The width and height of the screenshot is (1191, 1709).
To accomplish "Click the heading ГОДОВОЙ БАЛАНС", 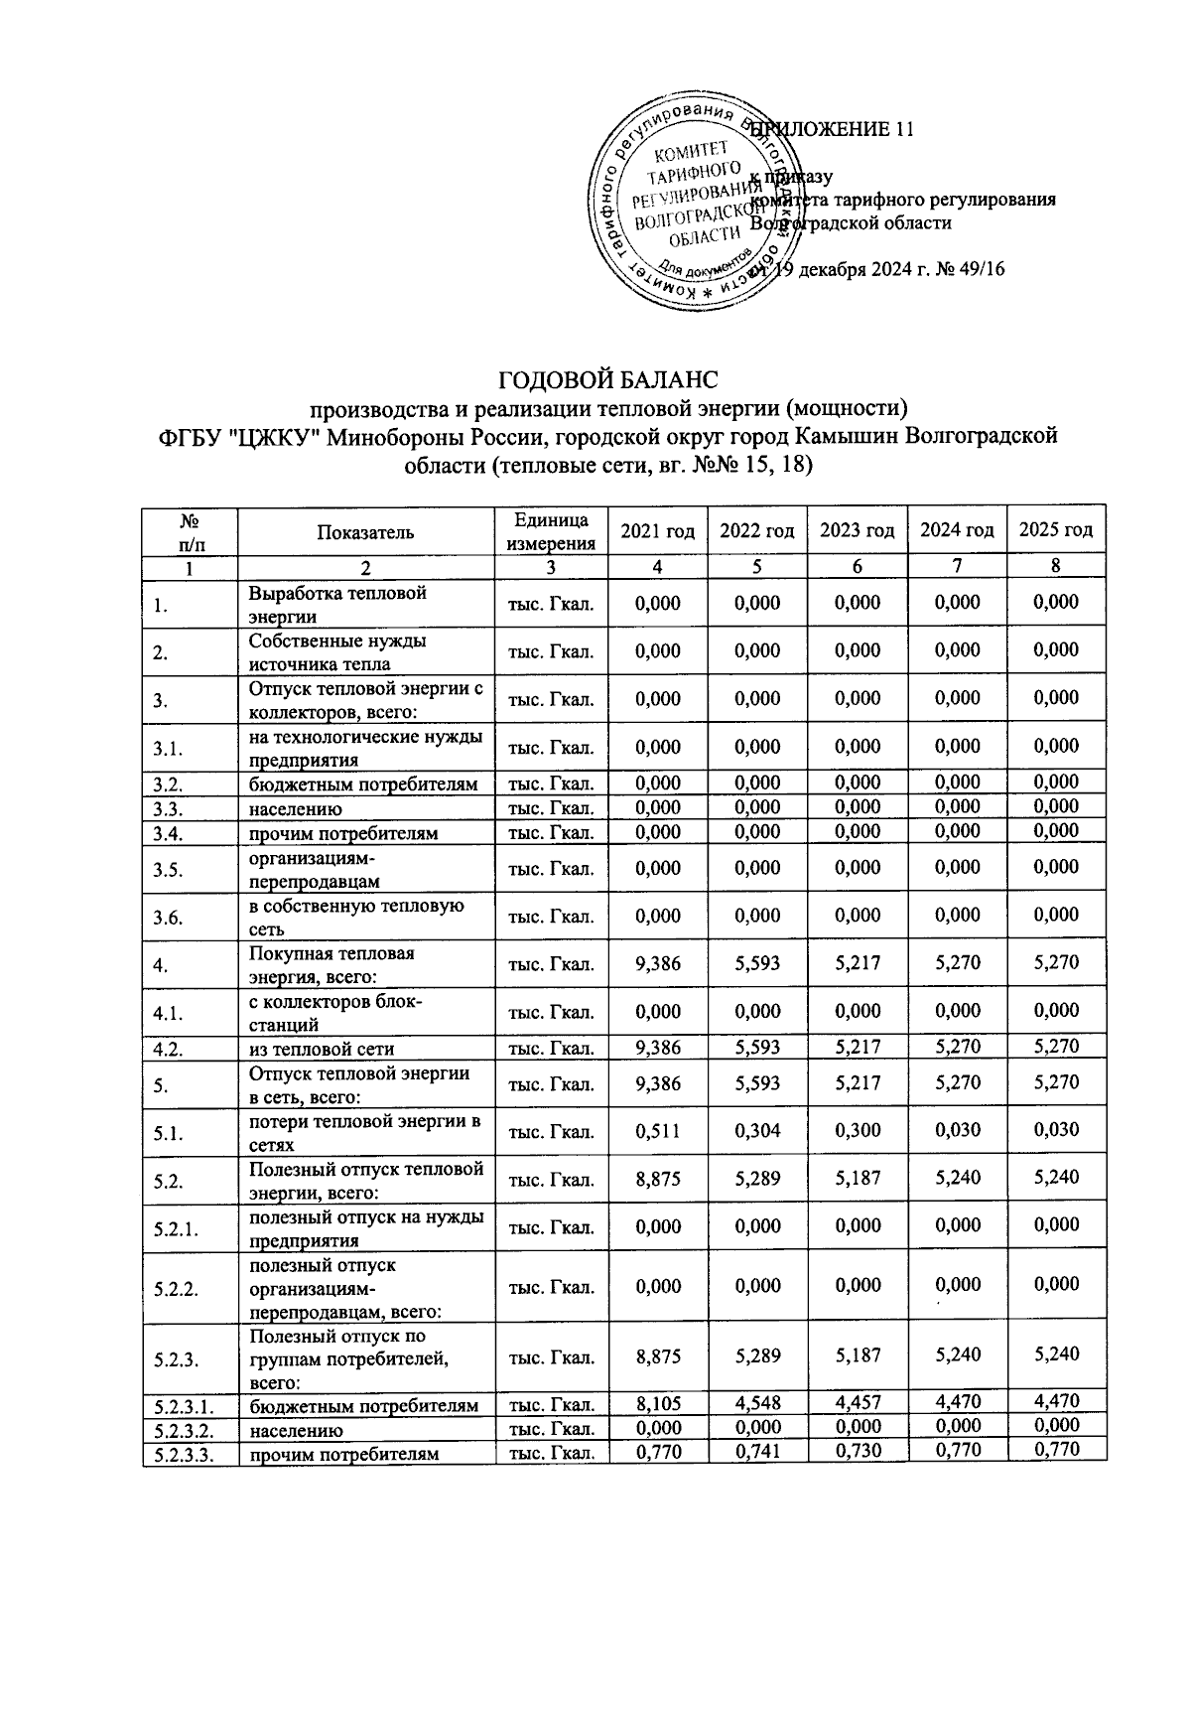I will coord(606,381).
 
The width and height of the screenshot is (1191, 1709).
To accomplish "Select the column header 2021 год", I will coord(657,530).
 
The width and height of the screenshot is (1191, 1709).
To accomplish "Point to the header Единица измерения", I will coord(551,531).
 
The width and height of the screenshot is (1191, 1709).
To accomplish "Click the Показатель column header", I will coord(365,531).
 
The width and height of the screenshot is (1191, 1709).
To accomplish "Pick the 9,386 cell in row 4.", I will coord(657,963).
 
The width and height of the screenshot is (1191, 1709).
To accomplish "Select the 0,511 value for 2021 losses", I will coord(657,1130).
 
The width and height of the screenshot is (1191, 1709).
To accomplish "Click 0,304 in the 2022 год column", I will coord(757,1130).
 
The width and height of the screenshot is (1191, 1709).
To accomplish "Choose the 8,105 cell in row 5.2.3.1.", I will coord(657,1403).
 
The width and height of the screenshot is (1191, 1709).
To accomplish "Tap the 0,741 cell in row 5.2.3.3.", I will coord(757,1451).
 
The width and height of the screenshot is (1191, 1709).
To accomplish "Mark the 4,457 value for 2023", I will coord(857,1403).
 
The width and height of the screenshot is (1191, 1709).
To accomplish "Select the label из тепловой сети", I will coord(322,1049).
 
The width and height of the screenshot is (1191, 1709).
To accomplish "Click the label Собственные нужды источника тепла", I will coord(337,652).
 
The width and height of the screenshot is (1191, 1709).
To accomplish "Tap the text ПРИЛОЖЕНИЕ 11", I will coord(832,130).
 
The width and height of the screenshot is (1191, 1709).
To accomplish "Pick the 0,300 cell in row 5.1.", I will coord(857,1130).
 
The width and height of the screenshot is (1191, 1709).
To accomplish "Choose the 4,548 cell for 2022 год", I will coord(757,1403).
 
